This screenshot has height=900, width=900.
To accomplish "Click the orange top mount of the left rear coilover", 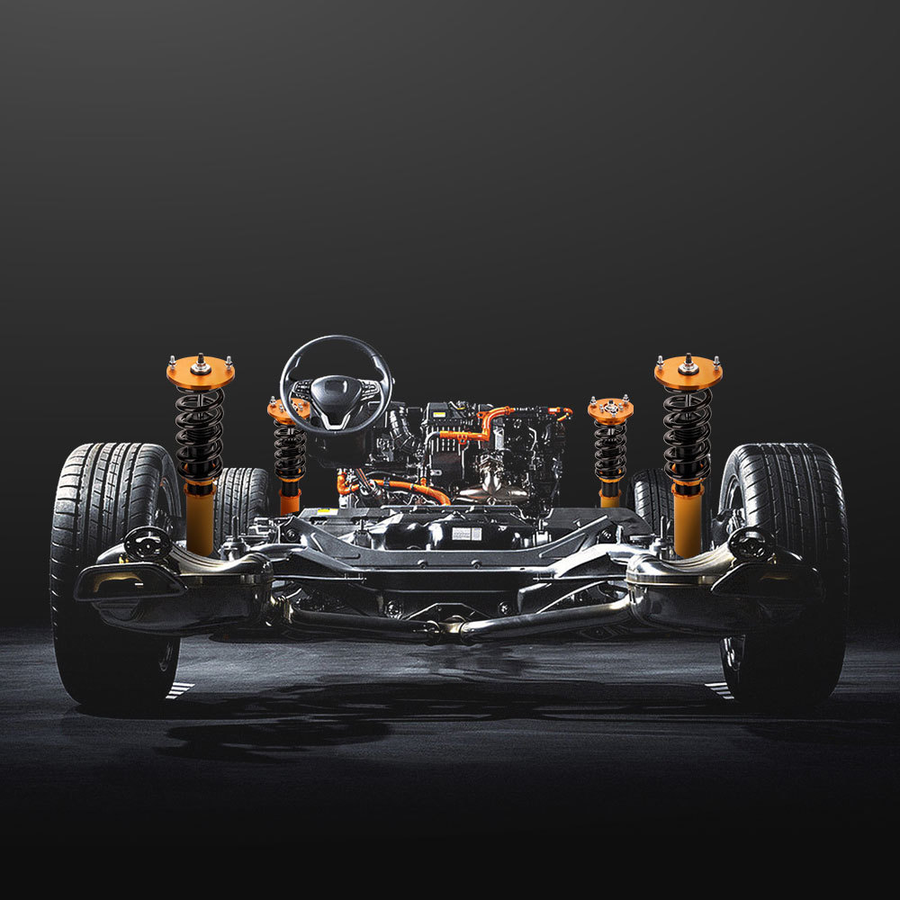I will [200, 371].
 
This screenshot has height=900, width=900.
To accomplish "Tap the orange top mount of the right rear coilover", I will [688, 371].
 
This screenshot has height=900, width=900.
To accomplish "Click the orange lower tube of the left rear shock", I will [200, 517].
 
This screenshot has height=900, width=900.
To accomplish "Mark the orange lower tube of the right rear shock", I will [688, 517].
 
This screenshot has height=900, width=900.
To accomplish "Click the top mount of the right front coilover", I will [610, 409].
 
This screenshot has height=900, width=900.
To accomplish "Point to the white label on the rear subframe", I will [467, 534].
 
